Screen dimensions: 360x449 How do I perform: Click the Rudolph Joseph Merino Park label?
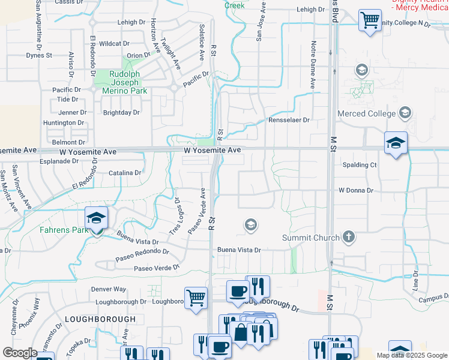(124, 82)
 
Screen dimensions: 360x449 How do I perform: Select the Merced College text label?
(366, 113)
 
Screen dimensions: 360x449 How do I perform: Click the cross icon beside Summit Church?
(348, 238)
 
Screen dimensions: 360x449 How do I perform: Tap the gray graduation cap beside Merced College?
(406, 113)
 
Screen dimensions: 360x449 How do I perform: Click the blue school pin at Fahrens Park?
(96, 220)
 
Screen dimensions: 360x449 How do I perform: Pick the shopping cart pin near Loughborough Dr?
(196, 298)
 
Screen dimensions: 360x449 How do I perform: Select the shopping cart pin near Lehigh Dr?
(370, 21)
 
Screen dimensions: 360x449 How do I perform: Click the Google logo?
(20, 353)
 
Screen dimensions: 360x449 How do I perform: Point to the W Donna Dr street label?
(356, 190)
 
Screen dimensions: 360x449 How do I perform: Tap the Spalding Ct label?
(359, 164)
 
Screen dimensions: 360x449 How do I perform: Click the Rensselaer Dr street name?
(289, 120)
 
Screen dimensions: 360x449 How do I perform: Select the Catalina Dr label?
(125, 173)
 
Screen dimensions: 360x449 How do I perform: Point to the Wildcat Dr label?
(114, 44)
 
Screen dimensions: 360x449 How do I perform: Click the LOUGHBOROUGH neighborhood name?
(100, 319)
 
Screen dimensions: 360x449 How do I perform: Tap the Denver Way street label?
(109, 289)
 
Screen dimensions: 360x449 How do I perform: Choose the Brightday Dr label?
(121, 112)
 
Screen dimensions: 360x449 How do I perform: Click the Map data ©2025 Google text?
(412, 355)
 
